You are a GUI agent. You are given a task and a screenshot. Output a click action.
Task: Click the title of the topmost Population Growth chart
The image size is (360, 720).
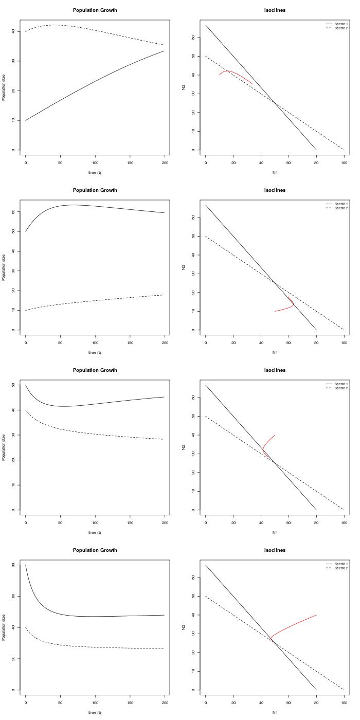(95, 10)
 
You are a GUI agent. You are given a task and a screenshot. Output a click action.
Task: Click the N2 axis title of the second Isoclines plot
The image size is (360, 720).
(184, 267)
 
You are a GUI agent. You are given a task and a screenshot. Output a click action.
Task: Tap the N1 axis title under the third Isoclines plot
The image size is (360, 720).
(275, 532)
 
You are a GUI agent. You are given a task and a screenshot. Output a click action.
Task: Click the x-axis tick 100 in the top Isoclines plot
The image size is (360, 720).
(344, 163)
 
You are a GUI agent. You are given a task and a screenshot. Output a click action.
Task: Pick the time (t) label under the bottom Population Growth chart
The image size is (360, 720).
(95, 712)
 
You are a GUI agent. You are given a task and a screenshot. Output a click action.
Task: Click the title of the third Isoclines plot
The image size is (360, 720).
(275, 370)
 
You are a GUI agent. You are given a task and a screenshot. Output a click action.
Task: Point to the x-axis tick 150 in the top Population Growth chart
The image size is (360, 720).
(130, 163)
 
